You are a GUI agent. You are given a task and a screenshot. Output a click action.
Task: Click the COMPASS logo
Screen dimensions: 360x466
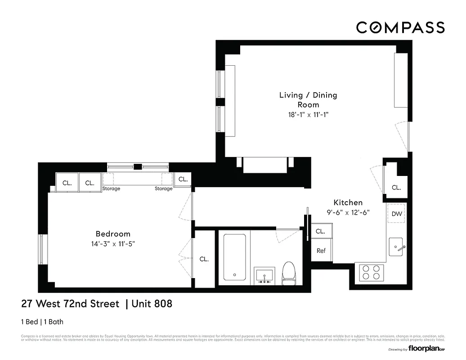point(400,27)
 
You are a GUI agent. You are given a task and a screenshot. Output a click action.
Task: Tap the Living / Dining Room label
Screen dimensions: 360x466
point(308,99)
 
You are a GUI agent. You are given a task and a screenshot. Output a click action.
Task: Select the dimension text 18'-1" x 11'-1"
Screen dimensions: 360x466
point(308,114)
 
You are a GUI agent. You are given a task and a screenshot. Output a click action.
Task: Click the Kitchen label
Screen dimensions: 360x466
point(348,202)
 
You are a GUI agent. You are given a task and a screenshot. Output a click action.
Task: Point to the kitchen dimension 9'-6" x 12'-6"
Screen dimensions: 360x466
point(348,213)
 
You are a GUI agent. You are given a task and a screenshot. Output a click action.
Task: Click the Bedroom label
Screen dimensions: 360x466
point(113,234)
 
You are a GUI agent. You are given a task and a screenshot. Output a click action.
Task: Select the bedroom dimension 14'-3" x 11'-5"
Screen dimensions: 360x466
point(113,243)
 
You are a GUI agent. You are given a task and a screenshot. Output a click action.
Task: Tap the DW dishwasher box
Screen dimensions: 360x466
point(396,214)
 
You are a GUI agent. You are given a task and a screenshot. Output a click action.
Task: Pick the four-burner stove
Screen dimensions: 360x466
point(371,272)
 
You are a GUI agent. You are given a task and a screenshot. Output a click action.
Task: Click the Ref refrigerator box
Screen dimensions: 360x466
point(321,251)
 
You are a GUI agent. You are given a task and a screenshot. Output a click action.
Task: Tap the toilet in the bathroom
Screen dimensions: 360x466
point(288,274)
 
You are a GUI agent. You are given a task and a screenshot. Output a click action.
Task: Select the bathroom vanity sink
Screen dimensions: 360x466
point(264,275)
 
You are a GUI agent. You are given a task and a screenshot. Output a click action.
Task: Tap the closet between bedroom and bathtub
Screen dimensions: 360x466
point(204,259)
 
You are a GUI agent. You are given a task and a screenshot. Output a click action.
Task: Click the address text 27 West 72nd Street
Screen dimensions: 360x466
point(71,304)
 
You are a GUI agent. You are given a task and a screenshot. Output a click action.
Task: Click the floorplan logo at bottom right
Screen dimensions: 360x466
point(423,349)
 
